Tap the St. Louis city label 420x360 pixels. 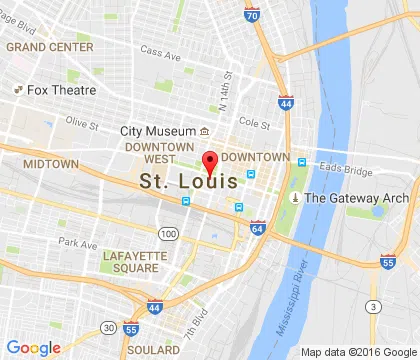coord(189,183)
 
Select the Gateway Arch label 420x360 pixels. coord(357,198)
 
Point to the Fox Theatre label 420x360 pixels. coord(55,89)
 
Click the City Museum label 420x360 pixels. coord(157,131)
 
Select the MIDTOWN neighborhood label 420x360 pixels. coord(51,163)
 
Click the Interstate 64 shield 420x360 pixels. coord(258,229)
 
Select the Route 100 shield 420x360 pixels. coord(169,234)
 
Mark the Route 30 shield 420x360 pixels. coord(107,328)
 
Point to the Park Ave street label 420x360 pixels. coord(77,242)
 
